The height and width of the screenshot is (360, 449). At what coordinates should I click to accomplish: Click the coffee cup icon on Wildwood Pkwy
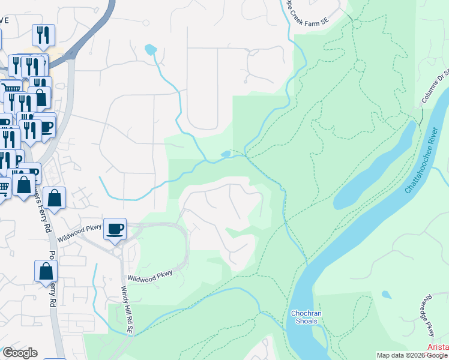pos(115,228)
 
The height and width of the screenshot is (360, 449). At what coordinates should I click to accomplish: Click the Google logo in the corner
pos(19,352)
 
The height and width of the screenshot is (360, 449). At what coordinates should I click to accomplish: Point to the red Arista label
pos(438,348)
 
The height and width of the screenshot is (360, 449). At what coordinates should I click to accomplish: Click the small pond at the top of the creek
pos(151,49)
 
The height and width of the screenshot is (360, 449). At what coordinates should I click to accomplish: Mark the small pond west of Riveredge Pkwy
pos(386,295)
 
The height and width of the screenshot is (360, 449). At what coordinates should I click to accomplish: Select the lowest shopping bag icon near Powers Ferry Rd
pos(46,271)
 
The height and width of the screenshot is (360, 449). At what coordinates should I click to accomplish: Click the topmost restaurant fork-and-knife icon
pos(43,35)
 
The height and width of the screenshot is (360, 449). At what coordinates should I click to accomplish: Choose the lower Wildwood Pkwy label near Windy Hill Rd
pos(150,276)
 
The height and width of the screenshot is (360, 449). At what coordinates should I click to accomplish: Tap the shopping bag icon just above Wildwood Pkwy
pos(54,199)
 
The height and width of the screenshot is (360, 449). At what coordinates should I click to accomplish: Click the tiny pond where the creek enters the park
pos(226,154)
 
